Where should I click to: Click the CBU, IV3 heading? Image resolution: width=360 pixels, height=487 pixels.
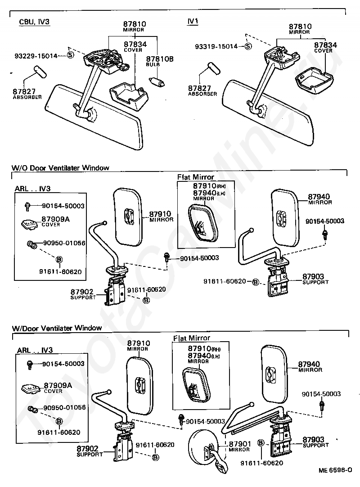34,22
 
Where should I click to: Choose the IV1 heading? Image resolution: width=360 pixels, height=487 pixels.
192,22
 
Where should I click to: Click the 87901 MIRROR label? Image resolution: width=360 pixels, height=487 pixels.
239,446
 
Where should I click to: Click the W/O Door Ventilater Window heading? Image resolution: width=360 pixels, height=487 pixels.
60,168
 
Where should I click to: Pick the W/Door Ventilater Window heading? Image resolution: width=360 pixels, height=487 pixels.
56,328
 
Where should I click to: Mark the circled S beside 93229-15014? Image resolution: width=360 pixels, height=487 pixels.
70,55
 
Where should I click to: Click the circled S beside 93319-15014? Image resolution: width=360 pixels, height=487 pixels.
248,46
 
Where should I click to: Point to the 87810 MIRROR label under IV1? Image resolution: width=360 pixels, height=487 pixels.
300,29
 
